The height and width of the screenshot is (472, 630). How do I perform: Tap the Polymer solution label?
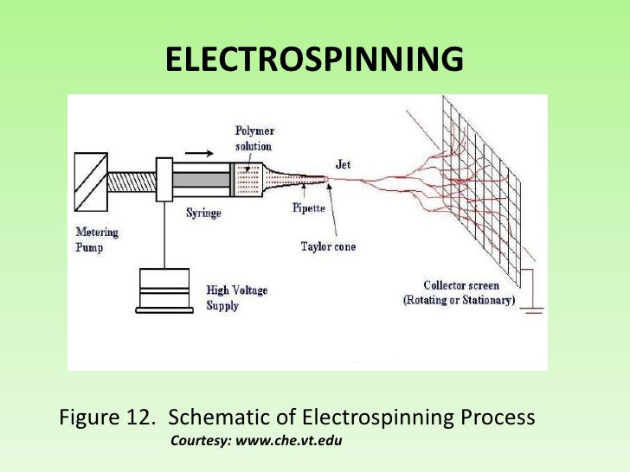tap(254, 138)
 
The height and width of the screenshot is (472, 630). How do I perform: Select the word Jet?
tap(344, 162)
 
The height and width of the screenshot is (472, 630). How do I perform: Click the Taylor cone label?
tap(328, 246)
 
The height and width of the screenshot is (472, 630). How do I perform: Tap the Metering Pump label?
tap(97, 239)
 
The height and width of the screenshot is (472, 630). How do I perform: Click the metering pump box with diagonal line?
tap(90, 181)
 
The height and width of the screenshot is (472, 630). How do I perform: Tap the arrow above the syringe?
tap(197, 152)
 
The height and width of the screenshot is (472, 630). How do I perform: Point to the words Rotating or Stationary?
tap(459, 300)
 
